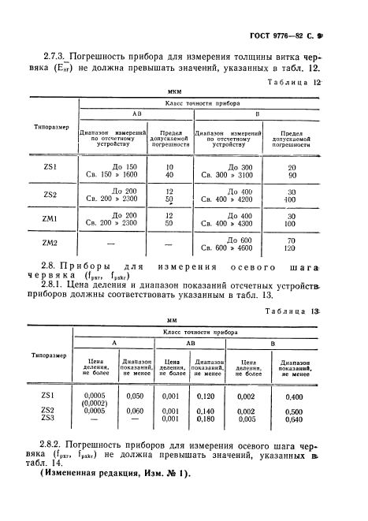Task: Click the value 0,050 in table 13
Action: click(x=135, y=396)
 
